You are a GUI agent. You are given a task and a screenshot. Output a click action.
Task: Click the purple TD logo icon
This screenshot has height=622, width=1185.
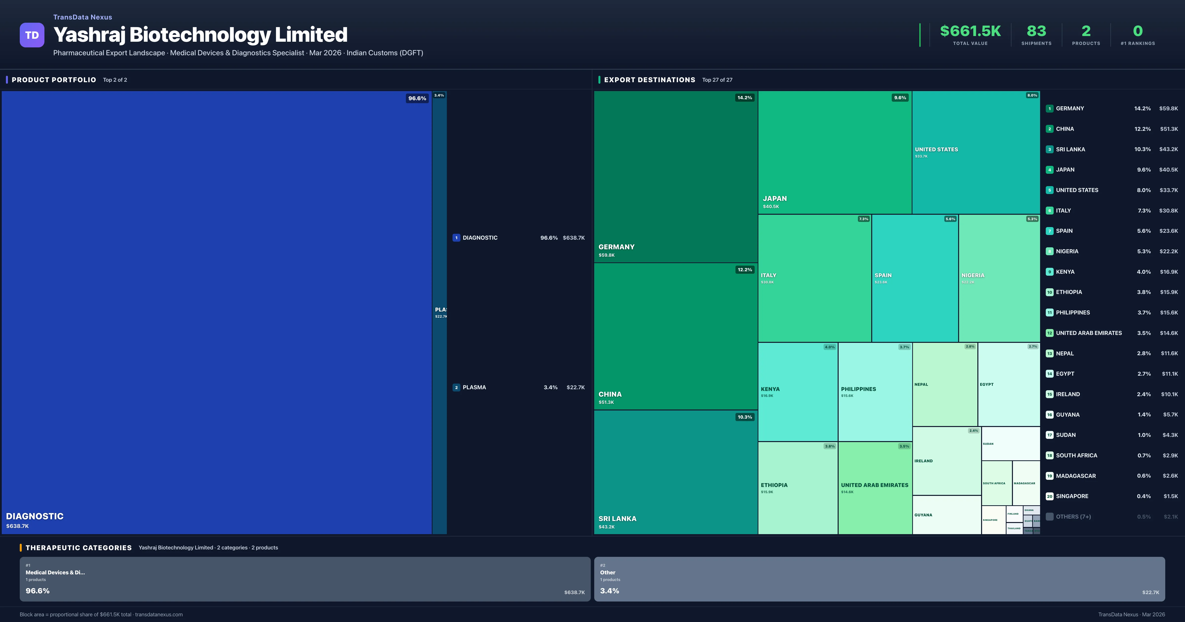coord(32,35)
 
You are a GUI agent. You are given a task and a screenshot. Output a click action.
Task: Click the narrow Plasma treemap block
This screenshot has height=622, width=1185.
coord(439,313)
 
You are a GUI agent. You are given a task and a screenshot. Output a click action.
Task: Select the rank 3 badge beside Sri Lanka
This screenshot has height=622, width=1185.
coord(1049,150)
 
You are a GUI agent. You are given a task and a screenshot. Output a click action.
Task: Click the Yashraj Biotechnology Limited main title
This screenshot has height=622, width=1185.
coord(200,35)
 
